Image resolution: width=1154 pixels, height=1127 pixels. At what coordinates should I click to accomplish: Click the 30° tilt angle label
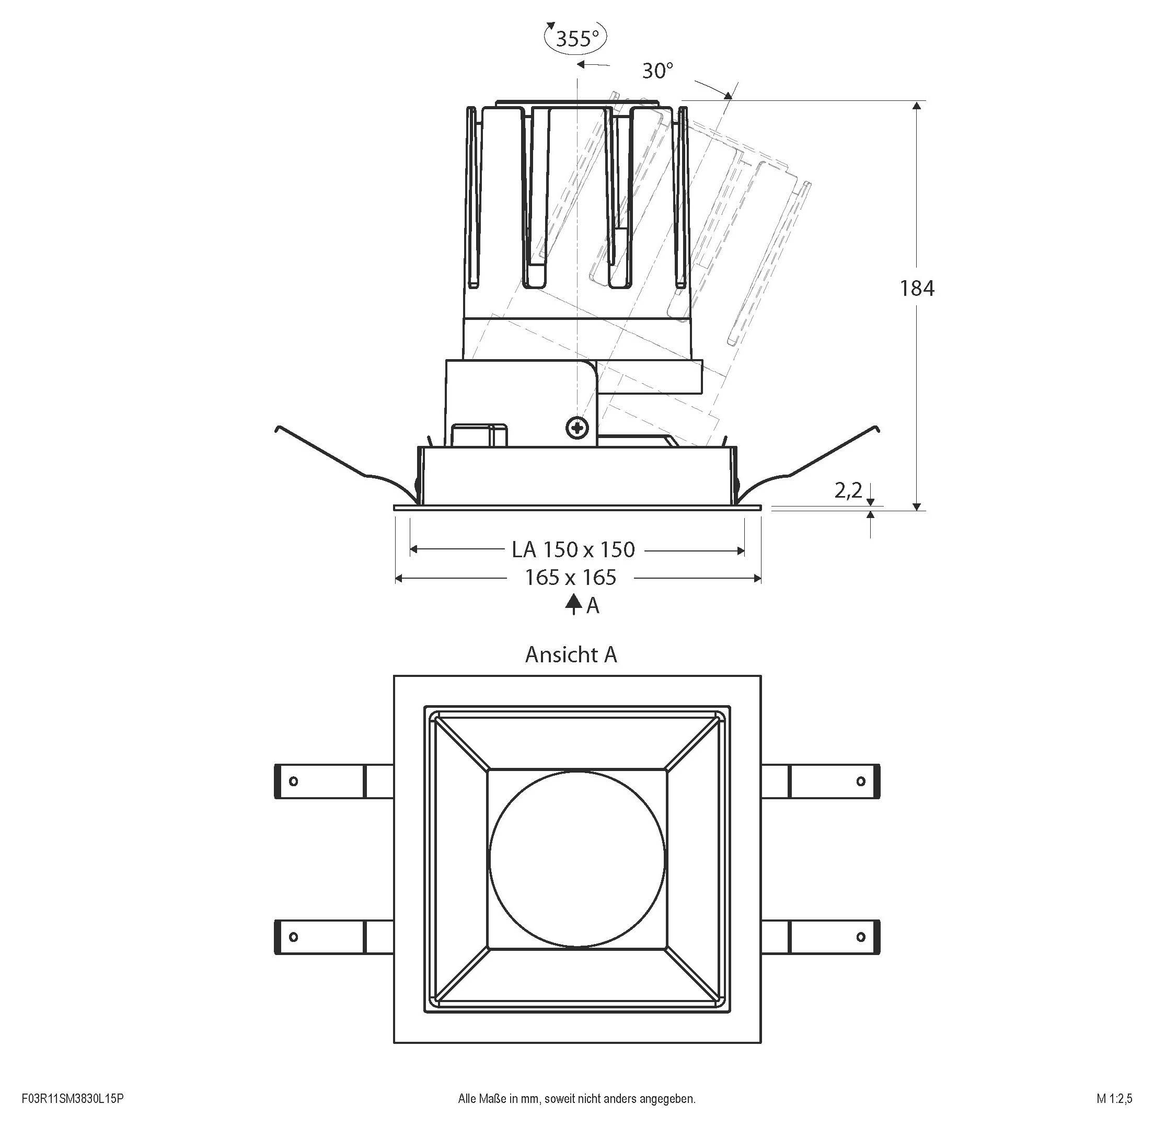click(x=657, y=71)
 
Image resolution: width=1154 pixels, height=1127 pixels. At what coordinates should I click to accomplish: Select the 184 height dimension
click(x=917, y=288)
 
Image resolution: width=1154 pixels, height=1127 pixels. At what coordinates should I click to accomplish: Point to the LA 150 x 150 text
click(x=573, y=550)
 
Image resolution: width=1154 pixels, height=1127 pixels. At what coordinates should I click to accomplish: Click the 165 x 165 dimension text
click(x=571, y=577)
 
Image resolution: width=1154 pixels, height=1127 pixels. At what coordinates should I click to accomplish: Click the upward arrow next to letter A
click(x=572, y=604)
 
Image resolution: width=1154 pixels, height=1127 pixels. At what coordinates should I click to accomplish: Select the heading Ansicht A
click(x=571, y=654)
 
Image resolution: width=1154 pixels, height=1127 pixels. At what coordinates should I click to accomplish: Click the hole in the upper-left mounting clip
click(x=293, y=781)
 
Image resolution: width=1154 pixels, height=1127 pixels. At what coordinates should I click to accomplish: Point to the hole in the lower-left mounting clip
click(x=293, y=937)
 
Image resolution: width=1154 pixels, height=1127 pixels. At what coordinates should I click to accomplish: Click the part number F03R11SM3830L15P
click(x=72, y=1099)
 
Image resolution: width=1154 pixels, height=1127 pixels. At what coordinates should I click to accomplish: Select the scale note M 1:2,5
click(x=1114, y=1099)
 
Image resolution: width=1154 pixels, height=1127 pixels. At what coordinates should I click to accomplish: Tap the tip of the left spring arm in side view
click(x=277, y=428)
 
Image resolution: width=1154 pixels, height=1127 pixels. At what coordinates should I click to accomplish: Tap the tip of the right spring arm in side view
click(x=878, y=428)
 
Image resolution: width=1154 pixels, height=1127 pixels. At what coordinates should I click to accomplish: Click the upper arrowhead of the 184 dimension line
click(x=917, y=106)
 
